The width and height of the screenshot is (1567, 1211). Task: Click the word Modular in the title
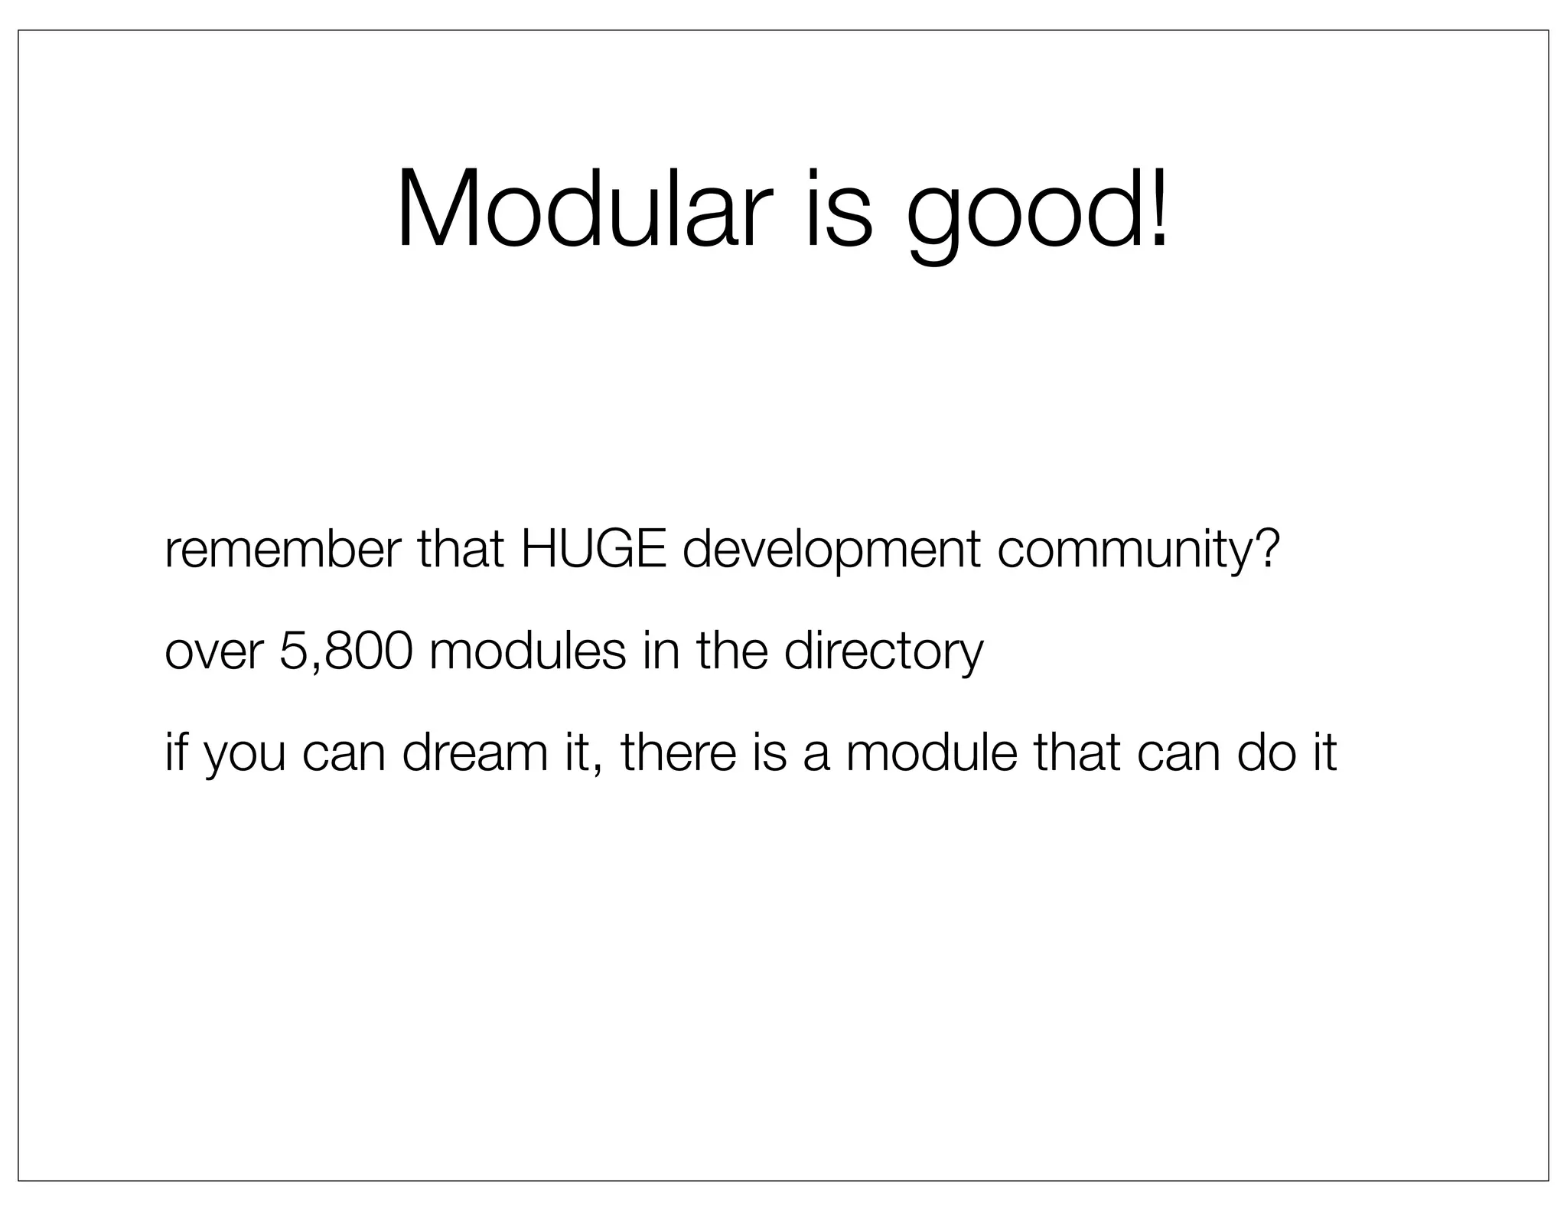579,208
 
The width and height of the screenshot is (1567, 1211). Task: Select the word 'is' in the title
837,208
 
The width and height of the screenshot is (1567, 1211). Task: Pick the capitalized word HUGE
594,549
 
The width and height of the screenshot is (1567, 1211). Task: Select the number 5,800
346,652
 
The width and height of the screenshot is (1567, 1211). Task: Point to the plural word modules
527,651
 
